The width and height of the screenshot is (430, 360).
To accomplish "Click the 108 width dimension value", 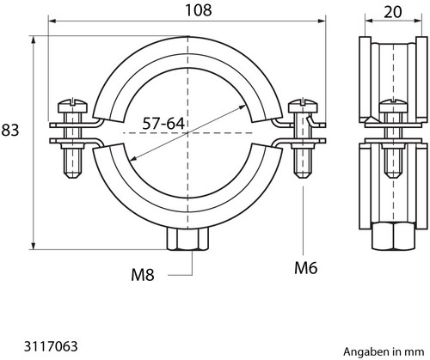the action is (199, 10).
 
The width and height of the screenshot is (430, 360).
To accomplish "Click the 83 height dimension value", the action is (10, 130).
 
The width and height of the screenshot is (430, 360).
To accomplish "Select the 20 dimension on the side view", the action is (393, 12).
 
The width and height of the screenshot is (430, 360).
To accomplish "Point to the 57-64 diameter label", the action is (163, 124).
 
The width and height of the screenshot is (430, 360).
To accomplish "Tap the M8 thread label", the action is (143, 275).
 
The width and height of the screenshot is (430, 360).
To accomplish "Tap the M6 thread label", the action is (306, 268).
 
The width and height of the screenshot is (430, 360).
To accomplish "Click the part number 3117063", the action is (51, 346).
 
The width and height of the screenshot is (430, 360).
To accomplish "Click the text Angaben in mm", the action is (384, 351).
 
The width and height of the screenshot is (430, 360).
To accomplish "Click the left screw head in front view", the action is (74, 106).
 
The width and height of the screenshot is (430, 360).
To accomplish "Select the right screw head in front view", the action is (303, 106).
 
